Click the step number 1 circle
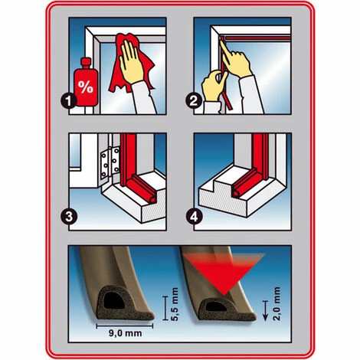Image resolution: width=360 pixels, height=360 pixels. [x=69, y=101]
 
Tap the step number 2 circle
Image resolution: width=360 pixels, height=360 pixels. [x=194, y=101]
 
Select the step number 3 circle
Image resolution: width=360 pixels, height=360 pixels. [x=69, y=217]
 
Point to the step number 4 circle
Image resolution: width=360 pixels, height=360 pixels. [x=194, y=217]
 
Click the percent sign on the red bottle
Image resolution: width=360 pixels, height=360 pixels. [x=86, y=87]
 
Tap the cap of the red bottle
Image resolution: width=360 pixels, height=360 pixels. [x=86, y=63]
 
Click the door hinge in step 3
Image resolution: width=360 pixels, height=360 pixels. [x=110, y=162]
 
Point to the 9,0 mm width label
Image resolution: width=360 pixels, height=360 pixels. [x=125, y=333]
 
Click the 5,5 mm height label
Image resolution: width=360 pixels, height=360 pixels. [x=175, y=304]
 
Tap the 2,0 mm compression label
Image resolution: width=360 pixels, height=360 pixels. [x=277, y=303]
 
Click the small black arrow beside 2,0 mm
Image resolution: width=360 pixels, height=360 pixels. [x=266, y=310]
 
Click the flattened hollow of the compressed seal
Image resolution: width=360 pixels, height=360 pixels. [x=216, y=306]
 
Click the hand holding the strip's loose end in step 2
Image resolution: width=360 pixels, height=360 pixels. [x=214, y=86]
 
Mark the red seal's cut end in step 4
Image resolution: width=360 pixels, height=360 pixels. [x=237, y=193]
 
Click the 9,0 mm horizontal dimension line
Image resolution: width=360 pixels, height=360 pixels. [x=125, y=326]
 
